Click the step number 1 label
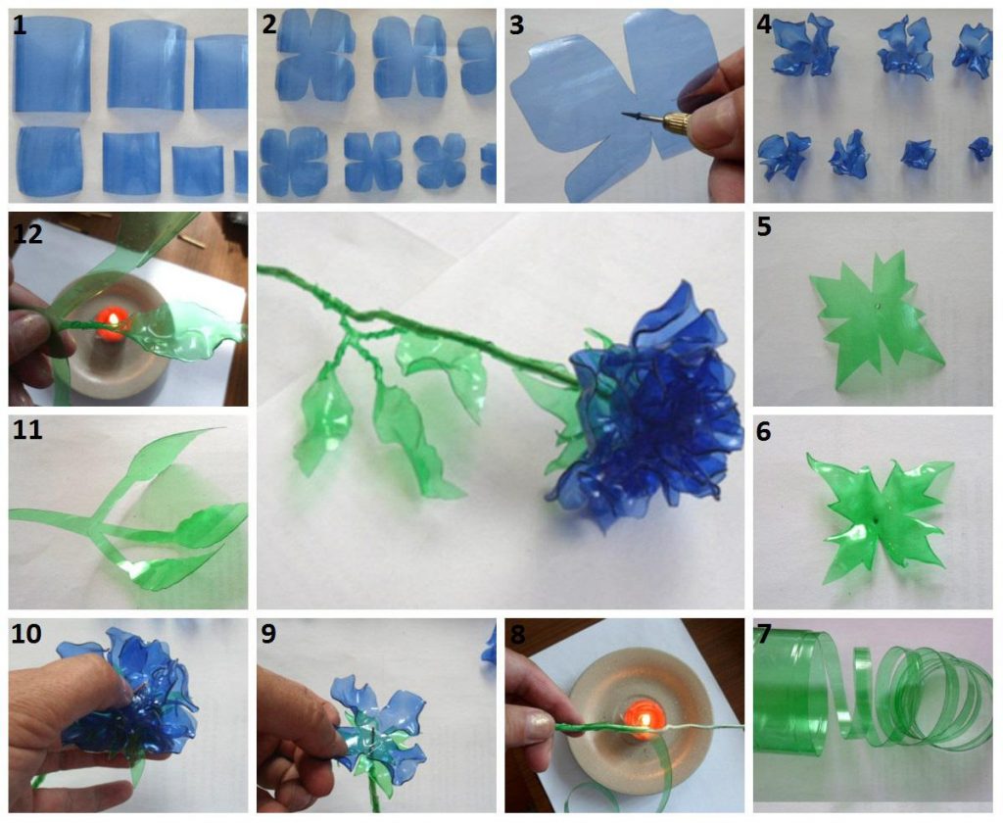(21, 25)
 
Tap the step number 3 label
(517, 25)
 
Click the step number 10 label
(27, 634)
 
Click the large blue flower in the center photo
(646, 402)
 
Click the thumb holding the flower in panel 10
(98, 686)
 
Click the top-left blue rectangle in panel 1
(53, 65)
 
